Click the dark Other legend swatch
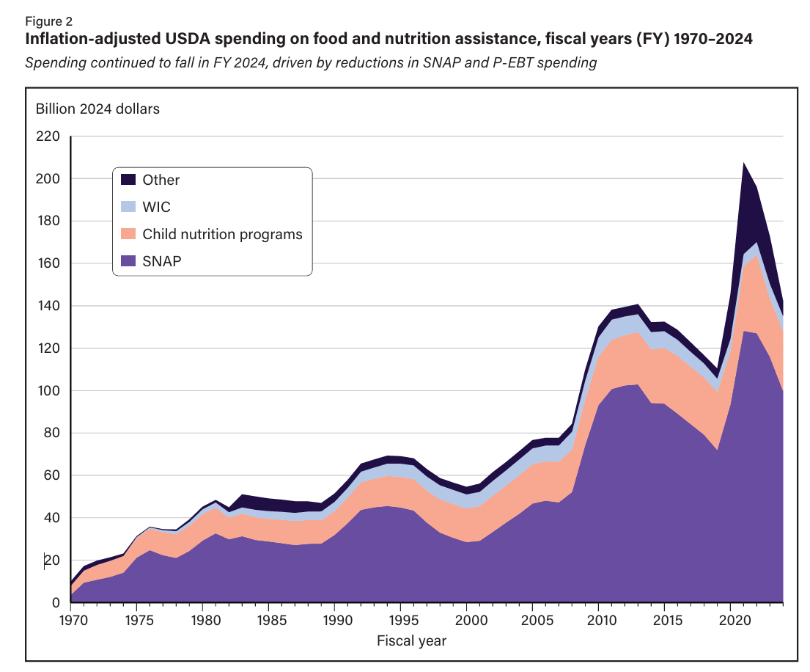[x=129, y=180]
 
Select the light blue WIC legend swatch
[x=129, y=207]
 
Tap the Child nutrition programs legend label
[x=222, y=234]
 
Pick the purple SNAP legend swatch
[x=129, y=260]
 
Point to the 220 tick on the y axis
[x=49, y=136]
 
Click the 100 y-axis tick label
[x=49, y=391]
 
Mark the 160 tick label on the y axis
[x=49, y=263]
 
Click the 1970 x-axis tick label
[x=71, y=621]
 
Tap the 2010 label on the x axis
[x=598, y=621]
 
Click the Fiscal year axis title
[x=411, y=640]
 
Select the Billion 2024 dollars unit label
[x=97, y=109]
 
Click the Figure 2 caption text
[x=48, y=21]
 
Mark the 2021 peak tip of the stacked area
[x=743, y=163]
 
